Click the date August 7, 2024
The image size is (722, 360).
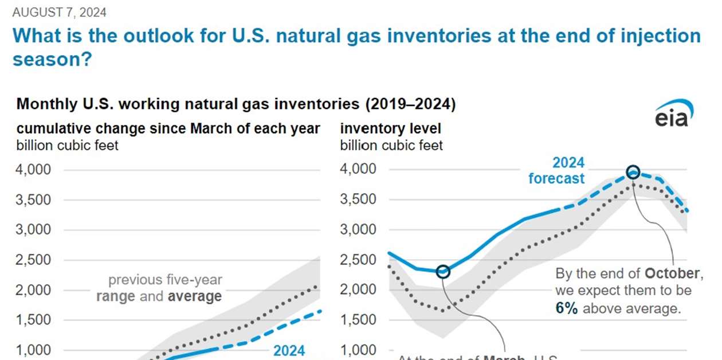point(59,12)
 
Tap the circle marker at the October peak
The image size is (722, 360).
point(633,172)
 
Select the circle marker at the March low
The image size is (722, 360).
point(443,271)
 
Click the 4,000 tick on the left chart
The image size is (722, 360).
point(36,170)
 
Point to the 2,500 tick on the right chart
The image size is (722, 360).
point(360,260)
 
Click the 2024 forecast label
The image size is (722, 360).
point(556,170)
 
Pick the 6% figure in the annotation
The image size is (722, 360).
point(566,308)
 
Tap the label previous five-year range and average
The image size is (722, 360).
point(159,288)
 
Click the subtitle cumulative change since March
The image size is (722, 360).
point(168,128)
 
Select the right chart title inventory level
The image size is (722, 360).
point(391,128)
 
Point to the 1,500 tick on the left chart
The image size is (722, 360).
point(36,320)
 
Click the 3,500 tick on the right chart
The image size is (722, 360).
point(360,200)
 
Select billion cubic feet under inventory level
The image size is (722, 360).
point(391,145)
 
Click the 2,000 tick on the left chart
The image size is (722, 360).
point(36,290)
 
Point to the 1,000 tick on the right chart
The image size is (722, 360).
point(360,350)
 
